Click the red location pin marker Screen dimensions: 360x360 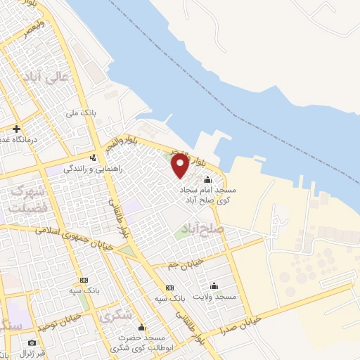[180, 166]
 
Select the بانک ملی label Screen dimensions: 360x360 [81, 112]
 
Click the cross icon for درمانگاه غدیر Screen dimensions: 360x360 [16, 129]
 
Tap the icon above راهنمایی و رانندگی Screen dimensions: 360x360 [93, 157]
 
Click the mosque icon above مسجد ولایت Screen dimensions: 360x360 [214, 285]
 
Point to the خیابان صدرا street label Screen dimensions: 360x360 [243, 323]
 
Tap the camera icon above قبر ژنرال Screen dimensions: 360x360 [32, 342]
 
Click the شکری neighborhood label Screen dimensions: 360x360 [115, 316]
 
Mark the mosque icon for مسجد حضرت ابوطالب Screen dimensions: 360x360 [141, 328]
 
